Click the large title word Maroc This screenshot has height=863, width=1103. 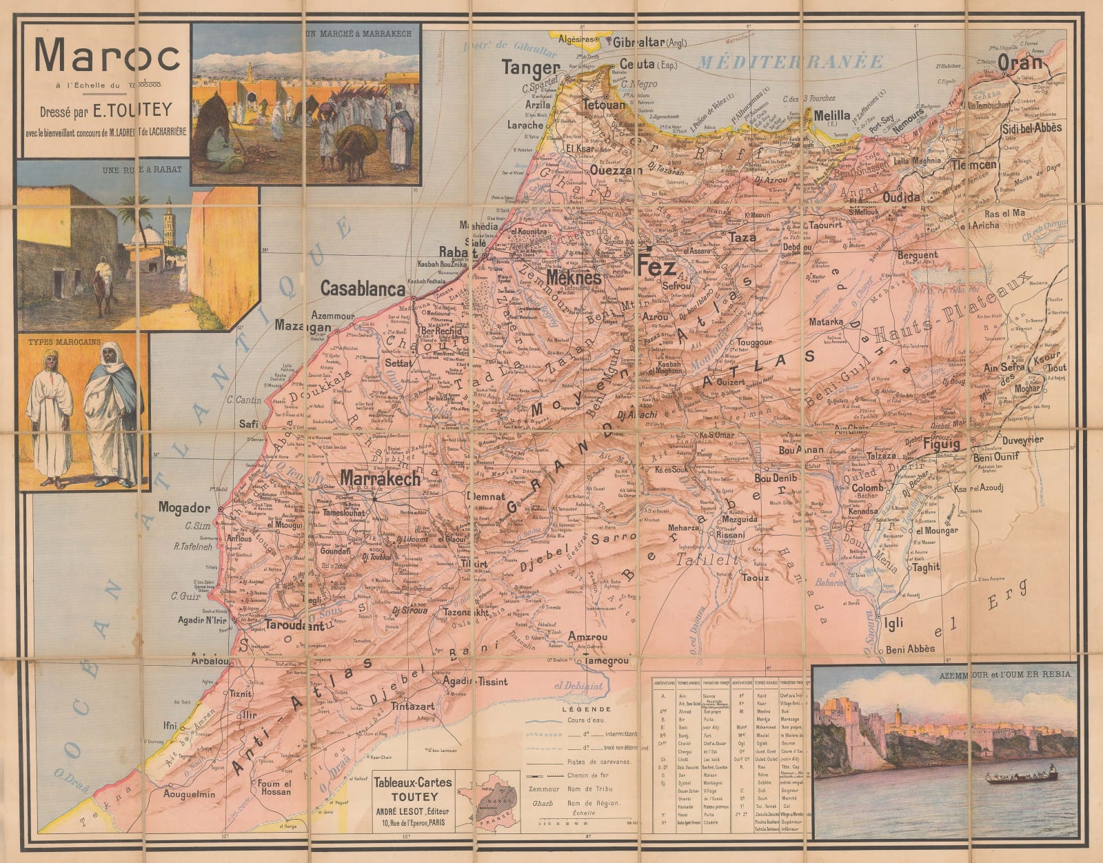[x=107, y=57]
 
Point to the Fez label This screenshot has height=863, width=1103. [x=657, y=265]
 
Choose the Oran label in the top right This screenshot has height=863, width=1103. [x=1019, y=63]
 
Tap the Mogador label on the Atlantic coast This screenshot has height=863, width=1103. [x=184, y=508]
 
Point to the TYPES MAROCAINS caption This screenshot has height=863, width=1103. [x=64, y=341]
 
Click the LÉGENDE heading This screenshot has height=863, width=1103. [x=586, y=709]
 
